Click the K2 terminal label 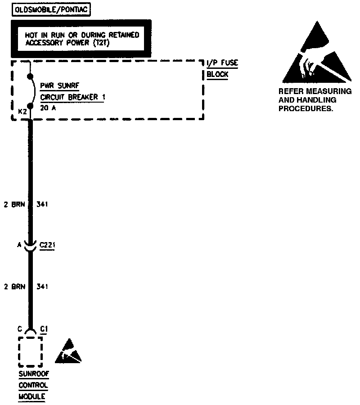pyautogui.click(x=21, y=111)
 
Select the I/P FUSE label pyautogui.click(x=222, y=64)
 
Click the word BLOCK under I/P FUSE pyautogui.click(x=217, y=75)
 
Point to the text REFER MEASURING pyautogui.click(x=315, y=92)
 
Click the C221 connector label pyautogui.click(x=47, y=246)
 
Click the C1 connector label pyautogui.click(x=44, y=329)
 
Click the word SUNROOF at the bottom pyautogui.click(x=33, y=374)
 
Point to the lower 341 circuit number pyautogui.click(x=42, y=287)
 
